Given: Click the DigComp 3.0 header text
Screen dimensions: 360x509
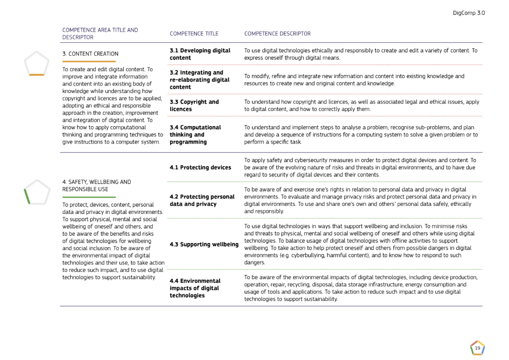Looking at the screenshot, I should (469, 13).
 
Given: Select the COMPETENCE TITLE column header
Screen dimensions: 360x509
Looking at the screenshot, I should (194, 34).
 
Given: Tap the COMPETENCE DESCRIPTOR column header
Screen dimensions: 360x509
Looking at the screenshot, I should (277, 34).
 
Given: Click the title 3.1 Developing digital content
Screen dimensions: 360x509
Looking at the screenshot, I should (200, 54).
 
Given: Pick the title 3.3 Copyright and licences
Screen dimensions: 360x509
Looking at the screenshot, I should (194, 105).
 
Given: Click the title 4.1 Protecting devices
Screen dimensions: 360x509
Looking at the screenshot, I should (200, 168).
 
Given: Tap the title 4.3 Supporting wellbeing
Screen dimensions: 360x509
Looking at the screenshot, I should (204, 244).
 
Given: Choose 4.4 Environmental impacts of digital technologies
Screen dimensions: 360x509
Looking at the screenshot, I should (195, 288).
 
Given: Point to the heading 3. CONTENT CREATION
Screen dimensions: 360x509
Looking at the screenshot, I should (90, 54).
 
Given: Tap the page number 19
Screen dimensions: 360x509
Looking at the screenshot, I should (477, 349).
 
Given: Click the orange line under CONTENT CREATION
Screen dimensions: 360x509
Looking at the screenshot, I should (89, 61).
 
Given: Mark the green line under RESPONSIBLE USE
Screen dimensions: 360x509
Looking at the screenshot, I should (89, 197).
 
